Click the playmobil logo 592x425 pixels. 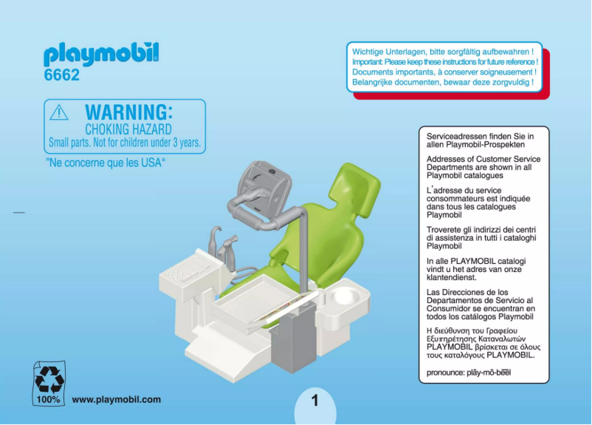[101, 55]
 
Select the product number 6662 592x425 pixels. [61, 75]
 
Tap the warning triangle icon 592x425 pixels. [59, 112]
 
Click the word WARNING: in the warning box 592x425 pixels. [129, 112]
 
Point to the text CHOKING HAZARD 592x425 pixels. [128, 129]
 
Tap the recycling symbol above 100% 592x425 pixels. [50, 377]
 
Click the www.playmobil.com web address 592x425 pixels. [117, 400]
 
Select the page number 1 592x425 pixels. [314, 401]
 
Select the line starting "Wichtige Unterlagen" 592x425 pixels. [443, 52]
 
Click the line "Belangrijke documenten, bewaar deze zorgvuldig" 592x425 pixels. [443, 83]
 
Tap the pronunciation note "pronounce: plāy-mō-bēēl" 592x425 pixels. [469, 373]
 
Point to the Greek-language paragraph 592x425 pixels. [483, 341]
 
